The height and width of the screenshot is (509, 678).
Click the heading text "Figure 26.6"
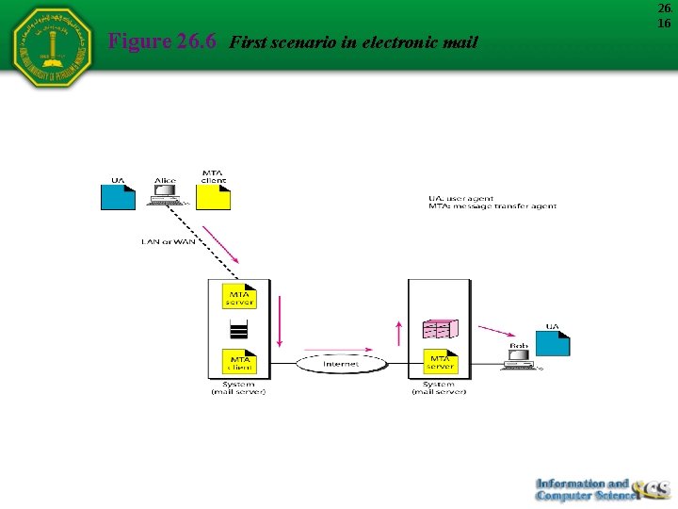click(162, 41)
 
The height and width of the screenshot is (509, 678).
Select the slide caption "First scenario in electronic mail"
click(353, 42)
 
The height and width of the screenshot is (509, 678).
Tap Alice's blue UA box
click(118, 195)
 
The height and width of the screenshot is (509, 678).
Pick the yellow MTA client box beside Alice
click(214, 195)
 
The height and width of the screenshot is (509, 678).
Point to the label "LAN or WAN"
click(169, 242)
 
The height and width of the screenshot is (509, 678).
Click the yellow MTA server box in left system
click(239, 297)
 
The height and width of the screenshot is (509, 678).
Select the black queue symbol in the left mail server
click(239, 330)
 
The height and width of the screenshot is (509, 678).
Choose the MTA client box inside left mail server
click(239, 360)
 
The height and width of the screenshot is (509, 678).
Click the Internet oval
click(341, 364)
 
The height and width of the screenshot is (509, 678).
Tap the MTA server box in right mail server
click(440, 360)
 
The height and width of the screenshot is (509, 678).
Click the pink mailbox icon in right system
click(440, 328)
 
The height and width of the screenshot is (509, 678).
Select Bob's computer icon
click(519, 358)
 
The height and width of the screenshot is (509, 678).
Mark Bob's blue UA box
click(553, 342)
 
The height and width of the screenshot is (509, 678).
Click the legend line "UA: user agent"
click(461, 199)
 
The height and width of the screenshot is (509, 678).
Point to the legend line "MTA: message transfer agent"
click(492, 206)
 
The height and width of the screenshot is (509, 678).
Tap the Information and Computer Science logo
click(603, 489)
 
